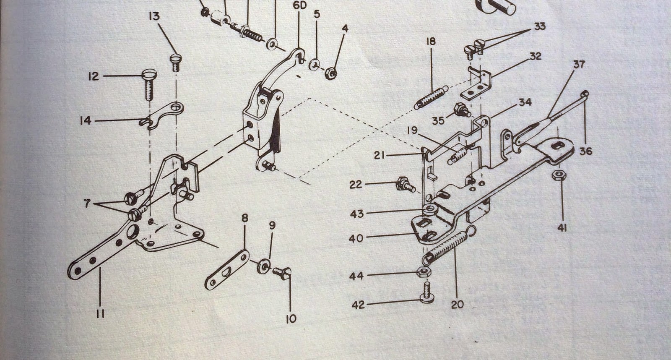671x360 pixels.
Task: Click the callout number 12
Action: [94, 76]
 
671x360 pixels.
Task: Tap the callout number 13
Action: [154, 16]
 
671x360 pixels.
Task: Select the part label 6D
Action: [299, 6]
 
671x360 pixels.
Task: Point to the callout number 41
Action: [562, 228]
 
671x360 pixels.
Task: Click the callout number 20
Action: [458, 304]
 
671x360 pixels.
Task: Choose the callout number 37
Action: [579, 65]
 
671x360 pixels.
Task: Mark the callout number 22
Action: [356, 184]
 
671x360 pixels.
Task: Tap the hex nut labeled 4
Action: [331, 73]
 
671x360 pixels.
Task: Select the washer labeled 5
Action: [314, 65]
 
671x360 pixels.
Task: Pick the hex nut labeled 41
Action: [559, 175]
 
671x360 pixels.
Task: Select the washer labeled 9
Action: [264, 266]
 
